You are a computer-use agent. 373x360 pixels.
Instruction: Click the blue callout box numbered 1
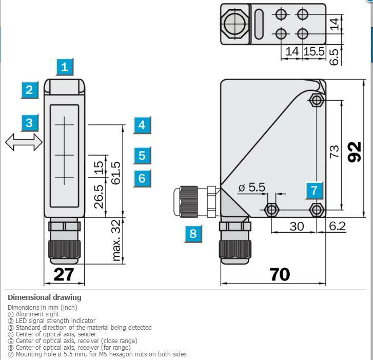[x=65, y=67]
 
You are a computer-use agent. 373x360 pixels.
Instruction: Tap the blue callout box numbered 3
[x=30, y=123]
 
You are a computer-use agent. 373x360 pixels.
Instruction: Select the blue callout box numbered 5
[x=142, y=156]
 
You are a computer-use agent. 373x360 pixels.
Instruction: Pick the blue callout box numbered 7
[x=315, y=191]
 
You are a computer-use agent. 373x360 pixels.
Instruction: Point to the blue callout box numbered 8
[x=193, y=234]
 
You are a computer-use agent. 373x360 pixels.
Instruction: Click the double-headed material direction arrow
[x=24, y=142]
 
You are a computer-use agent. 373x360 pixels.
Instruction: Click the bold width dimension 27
[x=64, y=275]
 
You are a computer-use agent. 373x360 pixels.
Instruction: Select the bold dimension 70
[x=280, y=275]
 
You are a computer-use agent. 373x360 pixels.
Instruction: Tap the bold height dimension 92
[x=355, y=152]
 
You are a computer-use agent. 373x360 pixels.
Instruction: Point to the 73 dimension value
[x=334, y=151]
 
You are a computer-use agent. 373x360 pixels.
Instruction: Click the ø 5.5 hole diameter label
[x=252, y=187]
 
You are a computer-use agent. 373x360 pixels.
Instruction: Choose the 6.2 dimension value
[x=337, y=226]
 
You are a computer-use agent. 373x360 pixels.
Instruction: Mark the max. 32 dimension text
[x=116, y=240]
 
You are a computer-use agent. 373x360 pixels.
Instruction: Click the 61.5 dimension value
[x=116, y=173]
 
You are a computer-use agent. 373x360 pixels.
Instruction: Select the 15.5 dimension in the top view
[x=314, y=51]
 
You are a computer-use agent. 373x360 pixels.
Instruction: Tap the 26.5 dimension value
[x=99, y=197]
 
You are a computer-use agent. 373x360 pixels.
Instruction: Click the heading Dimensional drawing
[x=45, y=297]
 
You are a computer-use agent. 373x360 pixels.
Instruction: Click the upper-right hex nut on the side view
[x=317, y=100]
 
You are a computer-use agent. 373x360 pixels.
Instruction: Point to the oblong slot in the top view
[x=259, y=24]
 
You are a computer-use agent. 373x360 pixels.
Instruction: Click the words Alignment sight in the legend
[x=37, y=314]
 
